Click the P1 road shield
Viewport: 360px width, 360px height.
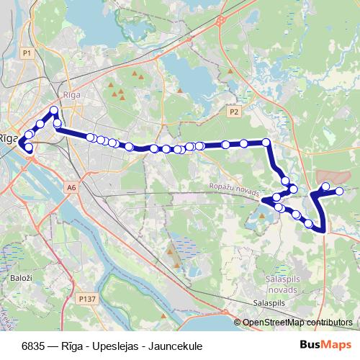tap(27, 53)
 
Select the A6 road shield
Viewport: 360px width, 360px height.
tap(71, 187)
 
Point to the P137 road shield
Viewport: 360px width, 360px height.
tap(88, 298)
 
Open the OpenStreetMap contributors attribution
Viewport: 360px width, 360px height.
tap(297, 322)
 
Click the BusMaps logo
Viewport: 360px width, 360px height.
tap(325, 345)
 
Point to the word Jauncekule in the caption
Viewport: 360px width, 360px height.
tap(174, 346)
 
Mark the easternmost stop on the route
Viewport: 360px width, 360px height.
tap(340, 190)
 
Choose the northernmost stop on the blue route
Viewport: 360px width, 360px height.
tap(53, 110)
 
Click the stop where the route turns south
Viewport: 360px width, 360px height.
tap(266, 143)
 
